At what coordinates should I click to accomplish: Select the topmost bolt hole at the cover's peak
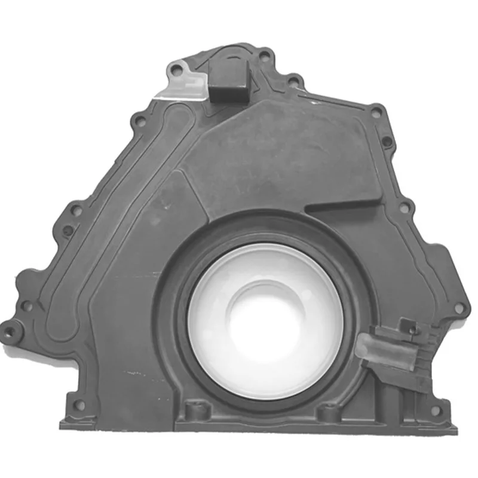tap(263, 56)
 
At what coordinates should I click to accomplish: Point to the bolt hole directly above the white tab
tap(175, 71)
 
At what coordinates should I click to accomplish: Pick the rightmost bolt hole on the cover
tap(459, 308)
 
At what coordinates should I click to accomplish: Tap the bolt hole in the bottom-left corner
tap(79, 405)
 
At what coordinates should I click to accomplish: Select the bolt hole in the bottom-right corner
tap(435, 410)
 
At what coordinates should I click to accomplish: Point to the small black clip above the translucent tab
tap(408, 325)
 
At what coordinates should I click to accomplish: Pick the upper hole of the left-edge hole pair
tap(76, 210)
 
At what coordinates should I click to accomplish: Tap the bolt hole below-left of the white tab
tap(139, 121)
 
